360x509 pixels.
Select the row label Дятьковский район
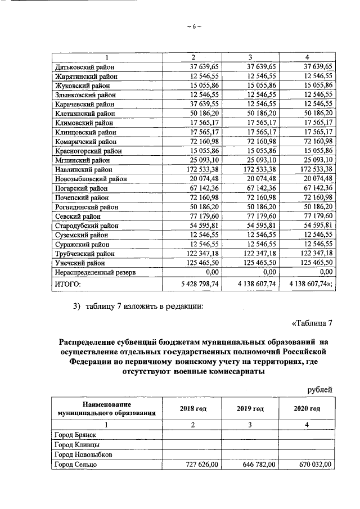click(83, 66)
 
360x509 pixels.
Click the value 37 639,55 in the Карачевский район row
click(204, 103)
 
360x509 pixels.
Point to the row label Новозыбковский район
click(89, 178)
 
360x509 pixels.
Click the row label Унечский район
click(80, 263)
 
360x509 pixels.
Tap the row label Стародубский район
click(85, 225)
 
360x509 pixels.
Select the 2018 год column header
click(192, 408)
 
